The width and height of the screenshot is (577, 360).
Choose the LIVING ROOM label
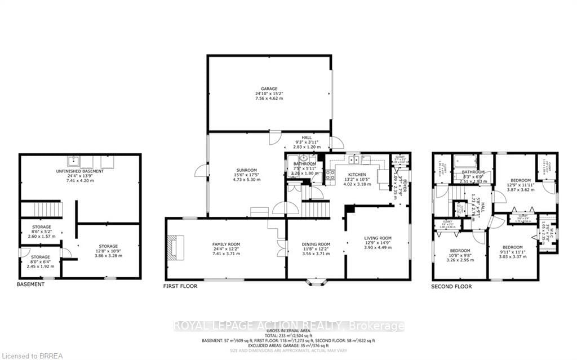(x=377, y=238)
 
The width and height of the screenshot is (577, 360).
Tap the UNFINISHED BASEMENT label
(x=79, y=171)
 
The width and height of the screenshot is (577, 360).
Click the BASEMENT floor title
(x=30, y=285)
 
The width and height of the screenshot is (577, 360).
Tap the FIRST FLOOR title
(x=179, y=286)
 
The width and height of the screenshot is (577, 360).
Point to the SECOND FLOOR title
(x=452, y=286)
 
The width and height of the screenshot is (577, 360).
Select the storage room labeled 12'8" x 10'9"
(x=108, y=246)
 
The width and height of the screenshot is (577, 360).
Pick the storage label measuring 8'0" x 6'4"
(x=40, y=257)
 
